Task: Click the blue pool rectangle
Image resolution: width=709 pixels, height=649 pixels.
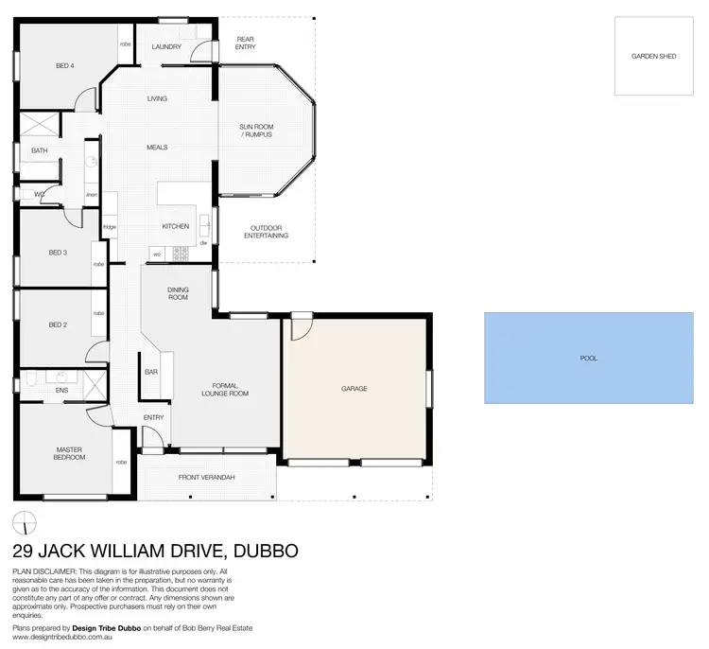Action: (x=589, y=359)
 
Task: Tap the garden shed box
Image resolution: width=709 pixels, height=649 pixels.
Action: (x=654, y=57)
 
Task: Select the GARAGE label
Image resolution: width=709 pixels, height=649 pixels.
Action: (x=354, y=389)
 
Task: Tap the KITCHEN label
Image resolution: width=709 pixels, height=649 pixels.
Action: (x=176, y=226)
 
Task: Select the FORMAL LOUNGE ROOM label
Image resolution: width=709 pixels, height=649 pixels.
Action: (x=225, y=389)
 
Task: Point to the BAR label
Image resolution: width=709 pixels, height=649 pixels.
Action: (x=150, y=372)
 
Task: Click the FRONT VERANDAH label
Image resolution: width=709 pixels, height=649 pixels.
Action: (x=206, y=478)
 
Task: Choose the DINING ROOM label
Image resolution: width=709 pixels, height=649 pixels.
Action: (x=178, y=293)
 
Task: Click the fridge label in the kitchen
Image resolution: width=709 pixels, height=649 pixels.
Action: (x=110, y=227)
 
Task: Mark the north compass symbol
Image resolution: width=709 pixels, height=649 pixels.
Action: (x=26, y=521)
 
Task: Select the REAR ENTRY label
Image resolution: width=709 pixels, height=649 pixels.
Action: (x=246, y=43)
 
